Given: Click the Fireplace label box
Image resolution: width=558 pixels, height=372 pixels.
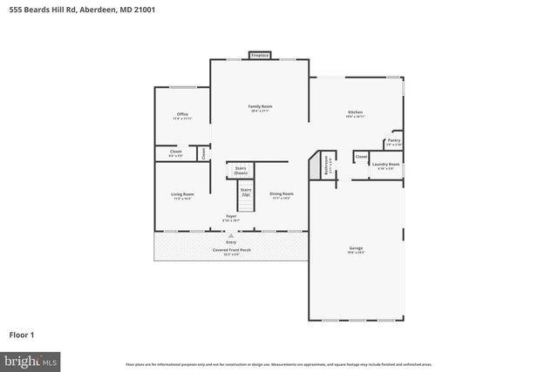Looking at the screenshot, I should (x=259, y=56).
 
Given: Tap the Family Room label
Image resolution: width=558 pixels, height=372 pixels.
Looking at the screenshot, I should (x=261, y=108).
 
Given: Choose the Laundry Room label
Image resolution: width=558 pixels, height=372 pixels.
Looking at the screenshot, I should (x=385, y=165).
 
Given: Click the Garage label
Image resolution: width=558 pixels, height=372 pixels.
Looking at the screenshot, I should (x=356, y=249).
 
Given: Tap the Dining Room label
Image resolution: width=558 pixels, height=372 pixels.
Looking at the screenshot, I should (x=281, y=195).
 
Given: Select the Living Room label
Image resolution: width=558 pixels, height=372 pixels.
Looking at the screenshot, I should (x=182, y=195).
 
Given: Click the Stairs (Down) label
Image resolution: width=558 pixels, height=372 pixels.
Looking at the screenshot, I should (x=241, y=172).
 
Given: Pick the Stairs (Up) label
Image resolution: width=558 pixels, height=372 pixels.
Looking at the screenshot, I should (x=246, y=191).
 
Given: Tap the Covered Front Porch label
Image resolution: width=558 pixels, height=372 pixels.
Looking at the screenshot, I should (x=231, y=251).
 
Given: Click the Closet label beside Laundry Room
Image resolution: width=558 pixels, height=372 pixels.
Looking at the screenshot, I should (x=361, y=158).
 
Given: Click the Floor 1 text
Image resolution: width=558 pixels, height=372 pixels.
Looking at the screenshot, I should (x=23, y=335).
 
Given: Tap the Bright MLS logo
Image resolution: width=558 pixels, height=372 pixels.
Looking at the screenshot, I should (x=31, y=359).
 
